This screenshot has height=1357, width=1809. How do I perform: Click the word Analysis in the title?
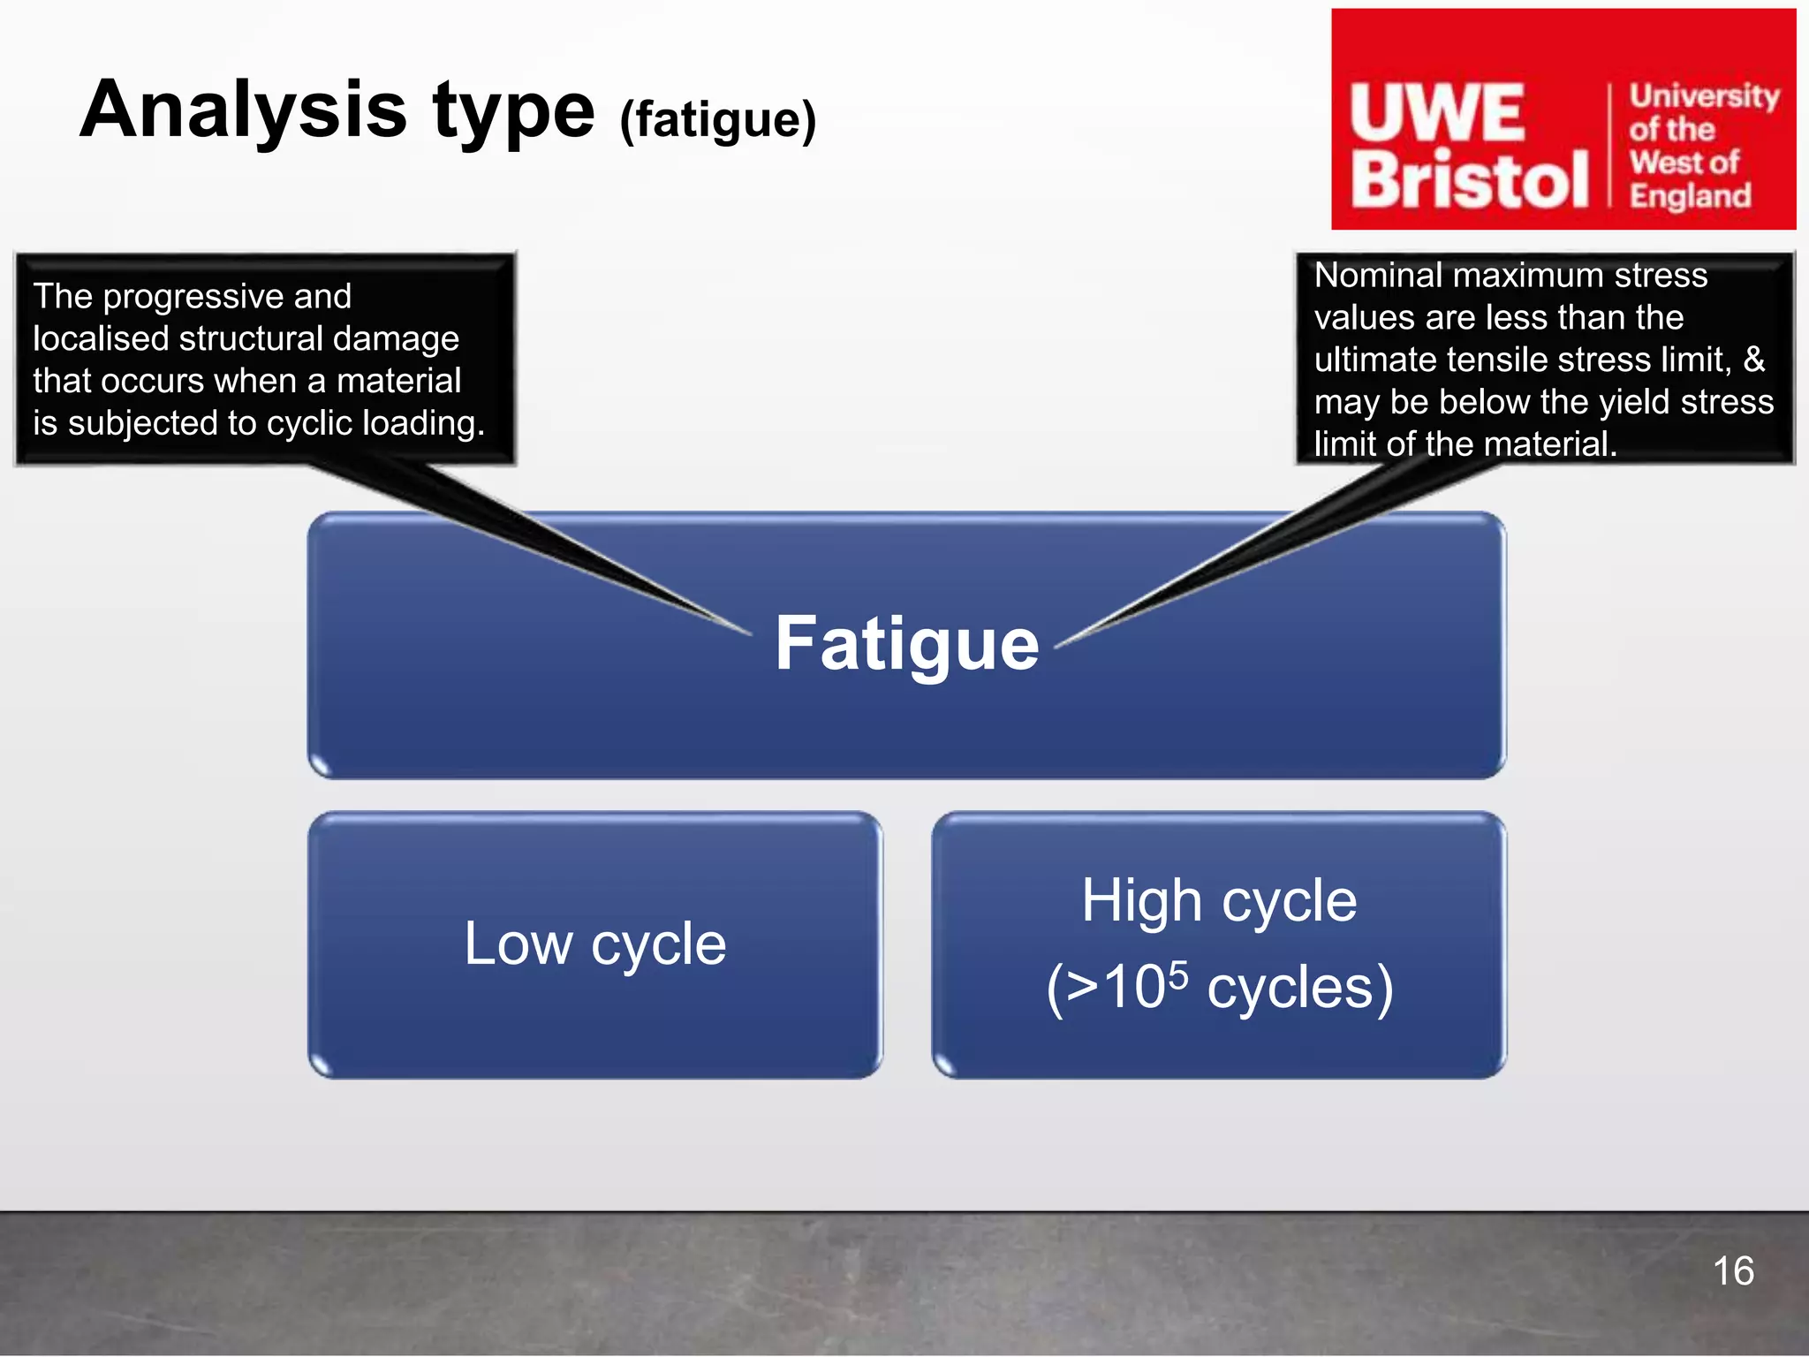click(244, 112)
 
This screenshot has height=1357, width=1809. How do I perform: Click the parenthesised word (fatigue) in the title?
click(717, 120)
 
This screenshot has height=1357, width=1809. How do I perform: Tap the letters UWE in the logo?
click(1437, 114)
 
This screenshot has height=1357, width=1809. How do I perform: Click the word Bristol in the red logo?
click(1468, 180)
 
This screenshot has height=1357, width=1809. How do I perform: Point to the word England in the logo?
click(1690, 195)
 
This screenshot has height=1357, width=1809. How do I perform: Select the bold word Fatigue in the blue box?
click(906, 644)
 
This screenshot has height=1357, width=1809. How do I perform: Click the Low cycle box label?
click(594, 944)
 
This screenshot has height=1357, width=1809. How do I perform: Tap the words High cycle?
click(1219, 901)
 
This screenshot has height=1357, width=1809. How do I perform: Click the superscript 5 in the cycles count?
click(1178, 974)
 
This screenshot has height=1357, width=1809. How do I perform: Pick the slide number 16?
click(1732, 1271)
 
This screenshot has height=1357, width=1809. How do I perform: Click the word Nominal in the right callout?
click(1378, 276)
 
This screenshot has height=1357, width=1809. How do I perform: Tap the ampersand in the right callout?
click(1753, 360)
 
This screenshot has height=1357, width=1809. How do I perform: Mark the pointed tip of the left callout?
click(750, 633)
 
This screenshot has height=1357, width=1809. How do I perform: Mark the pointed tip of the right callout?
click(1056, 647)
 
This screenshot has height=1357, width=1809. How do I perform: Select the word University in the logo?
click(1704, 95)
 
